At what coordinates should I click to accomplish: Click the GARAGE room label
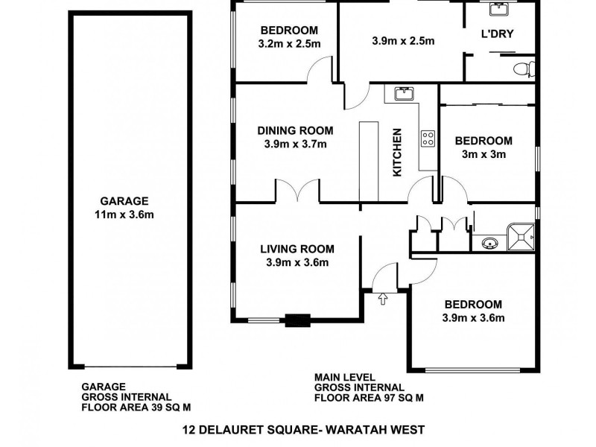pyautogui.click(x=125, y=200)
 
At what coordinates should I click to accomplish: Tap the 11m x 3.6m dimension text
pyautogui.click(x=125, y=215)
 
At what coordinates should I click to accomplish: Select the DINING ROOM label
pyautogui.click(x=295, y=130)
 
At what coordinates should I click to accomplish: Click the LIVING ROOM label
pyautogui.click(x=297, y=249)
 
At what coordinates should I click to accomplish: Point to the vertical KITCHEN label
pyautogui.click(x=397, y=152)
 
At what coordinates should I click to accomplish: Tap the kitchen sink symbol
pyautogui.click(x=403, y=94)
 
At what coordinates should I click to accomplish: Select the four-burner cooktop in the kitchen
pyautogui.click(x=429, y=138)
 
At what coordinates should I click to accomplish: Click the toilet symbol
pyautogui.click(x=524, y=69)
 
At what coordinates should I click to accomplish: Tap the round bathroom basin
pyautogui.click(x=489, y=242)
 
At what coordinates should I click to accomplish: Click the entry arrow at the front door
pyautogui.click(x=384, y=299)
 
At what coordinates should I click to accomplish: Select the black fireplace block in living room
pyautogui.click(x=298, y=321)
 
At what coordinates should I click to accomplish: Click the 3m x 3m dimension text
pyautogui.click(x=484, y=155)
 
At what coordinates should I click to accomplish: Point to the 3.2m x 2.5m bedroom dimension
pyautogui.click(x=290, y=44)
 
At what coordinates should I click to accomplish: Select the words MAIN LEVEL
pyautogui.click(x=343, y=378)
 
